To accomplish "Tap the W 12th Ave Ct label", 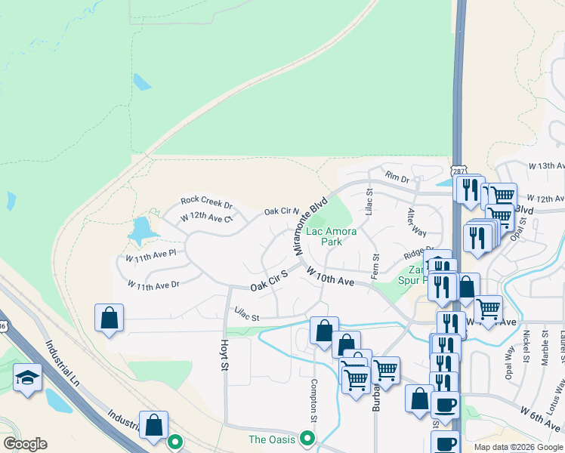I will (x=206, y=218).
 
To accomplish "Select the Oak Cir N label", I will (x=281, y=212).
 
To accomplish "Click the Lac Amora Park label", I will (x=331, y=237).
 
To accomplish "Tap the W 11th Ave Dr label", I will (x=153, y=285).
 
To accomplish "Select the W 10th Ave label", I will (x=330, y=276).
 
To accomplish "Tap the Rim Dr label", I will (x=397, y=178).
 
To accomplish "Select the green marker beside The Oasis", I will (x=306, y=437).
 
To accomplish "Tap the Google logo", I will (x=25, y=444).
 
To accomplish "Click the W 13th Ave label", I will (x=546, y=165).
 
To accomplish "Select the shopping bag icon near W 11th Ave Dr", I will (x=110, y=318).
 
